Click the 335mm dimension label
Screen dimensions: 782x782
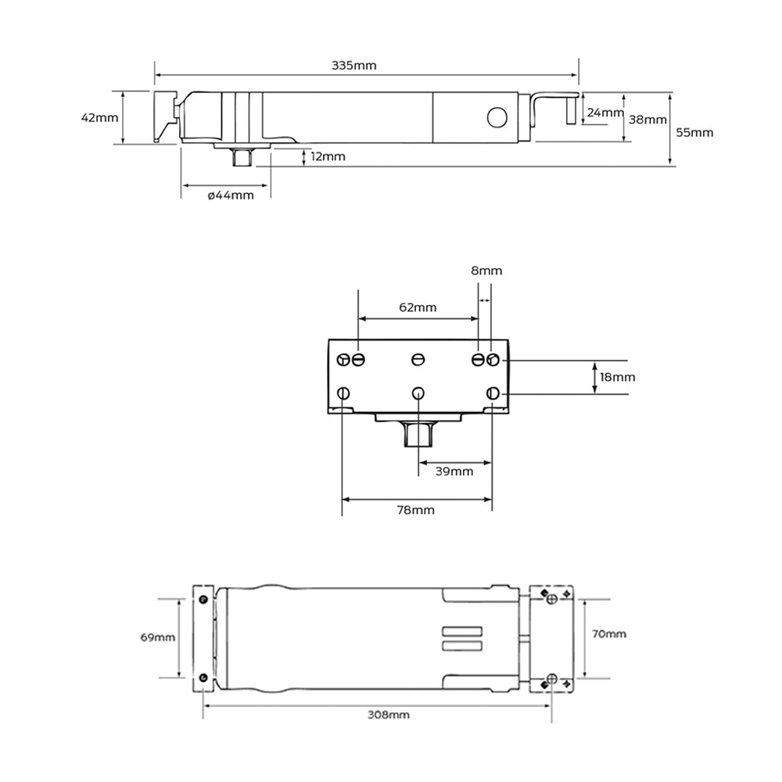353,65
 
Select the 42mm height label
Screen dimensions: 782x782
99,117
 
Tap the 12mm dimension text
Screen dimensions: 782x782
327,156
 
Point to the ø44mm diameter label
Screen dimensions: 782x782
231,195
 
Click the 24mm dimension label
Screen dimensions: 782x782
604,113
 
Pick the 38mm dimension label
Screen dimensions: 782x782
648,120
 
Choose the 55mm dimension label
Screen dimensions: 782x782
694,132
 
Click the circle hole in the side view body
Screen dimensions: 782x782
497,117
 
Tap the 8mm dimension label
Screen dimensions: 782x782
486,271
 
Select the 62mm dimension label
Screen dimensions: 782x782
418,307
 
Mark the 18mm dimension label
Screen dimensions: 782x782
618,377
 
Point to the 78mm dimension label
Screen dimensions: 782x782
416,510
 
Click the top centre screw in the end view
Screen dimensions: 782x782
418,359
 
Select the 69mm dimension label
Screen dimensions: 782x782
157,637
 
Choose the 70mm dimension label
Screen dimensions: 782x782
608,633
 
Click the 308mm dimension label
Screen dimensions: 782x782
389,714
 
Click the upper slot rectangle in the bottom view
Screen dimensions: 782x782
463,631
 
